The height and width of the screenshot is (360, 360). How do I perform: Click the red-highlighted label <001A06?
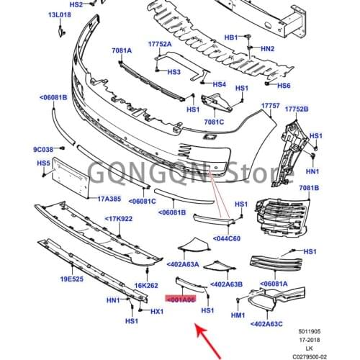click(180, 298)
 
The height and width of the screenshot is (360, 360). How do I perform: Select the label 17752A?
click(160, 44)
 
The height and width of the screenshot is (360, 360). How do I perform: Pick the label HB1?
click(231, 37)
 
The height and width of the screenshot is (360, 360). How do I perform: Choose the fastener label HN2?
click(268, 49)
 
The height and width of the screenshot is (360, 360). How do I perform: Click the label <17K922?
click(122, 218)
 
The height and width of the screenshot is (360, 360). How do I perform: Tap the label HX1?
click(157, 311)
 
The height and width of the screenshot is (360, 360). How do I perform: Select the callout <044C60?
click(228, 238)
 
